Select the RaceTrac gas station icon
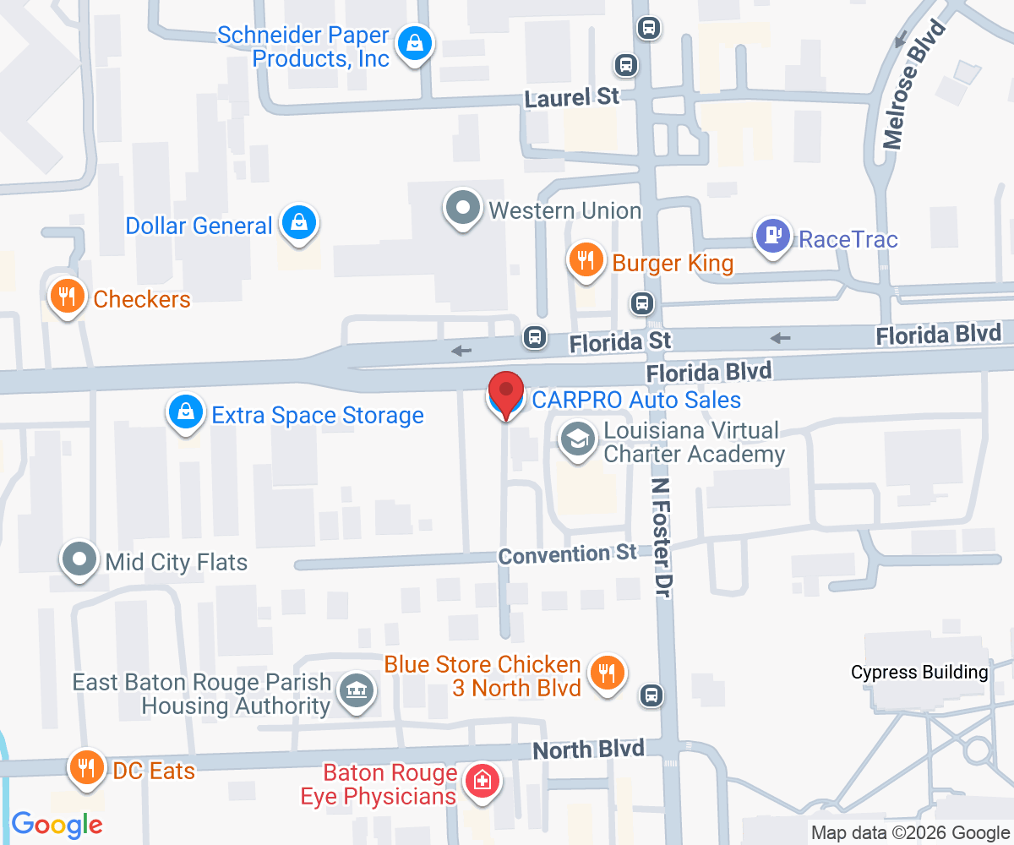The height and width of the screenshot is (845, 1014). tap(772, 236)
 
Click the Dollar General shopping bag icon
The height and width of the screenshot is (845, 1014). tap(299, 223)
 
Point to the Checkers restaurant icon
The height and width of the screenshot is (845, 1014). tap(67, 296)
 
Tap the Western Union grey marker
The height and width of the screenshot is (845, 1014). tap(463, 208)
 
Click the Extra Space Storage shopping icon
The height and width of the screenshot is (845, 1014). tap(185, 412)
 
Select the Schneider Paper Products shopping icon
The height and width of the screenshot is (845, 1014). tap(415, 41)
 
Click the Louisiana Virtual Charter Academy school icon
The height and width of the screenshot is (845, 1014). tap(578, 440)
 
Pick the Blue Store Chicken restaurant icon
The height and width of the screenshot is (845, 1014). tap(606, 673)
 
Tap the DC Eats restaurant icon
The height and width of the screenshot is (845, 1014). tap(85, 767)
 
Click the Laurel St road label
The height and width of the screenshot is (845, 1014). tap(572, 97)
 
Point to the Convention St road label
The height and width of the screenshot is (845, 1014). tap(567, 554)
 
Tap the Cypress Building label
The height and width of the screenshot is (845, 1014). tap(919, 673)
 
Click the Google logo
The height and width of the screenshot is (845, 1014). tap(57, 825)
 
